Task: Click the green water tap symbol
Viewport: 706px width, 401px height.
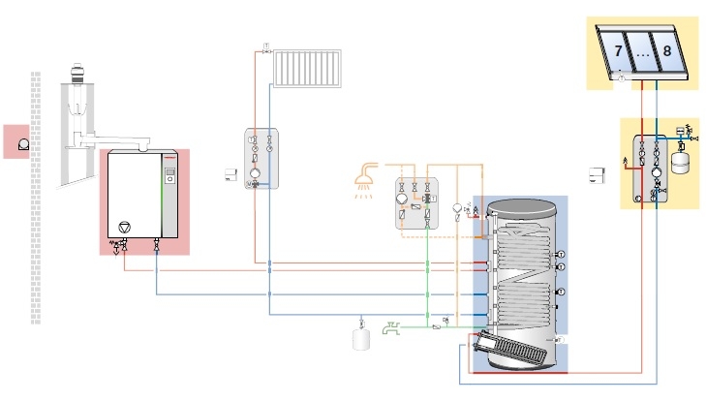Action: click(x=392, y=328)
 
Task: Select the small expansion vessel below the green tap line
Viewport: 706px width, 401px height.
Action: click(x=363, y=340)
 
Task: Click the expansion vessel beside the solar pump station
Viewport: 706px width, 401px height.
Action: click(x=684, y=159)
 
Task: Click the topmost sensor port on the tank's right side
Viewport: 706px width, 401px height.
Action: click(x=560, y=255)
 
